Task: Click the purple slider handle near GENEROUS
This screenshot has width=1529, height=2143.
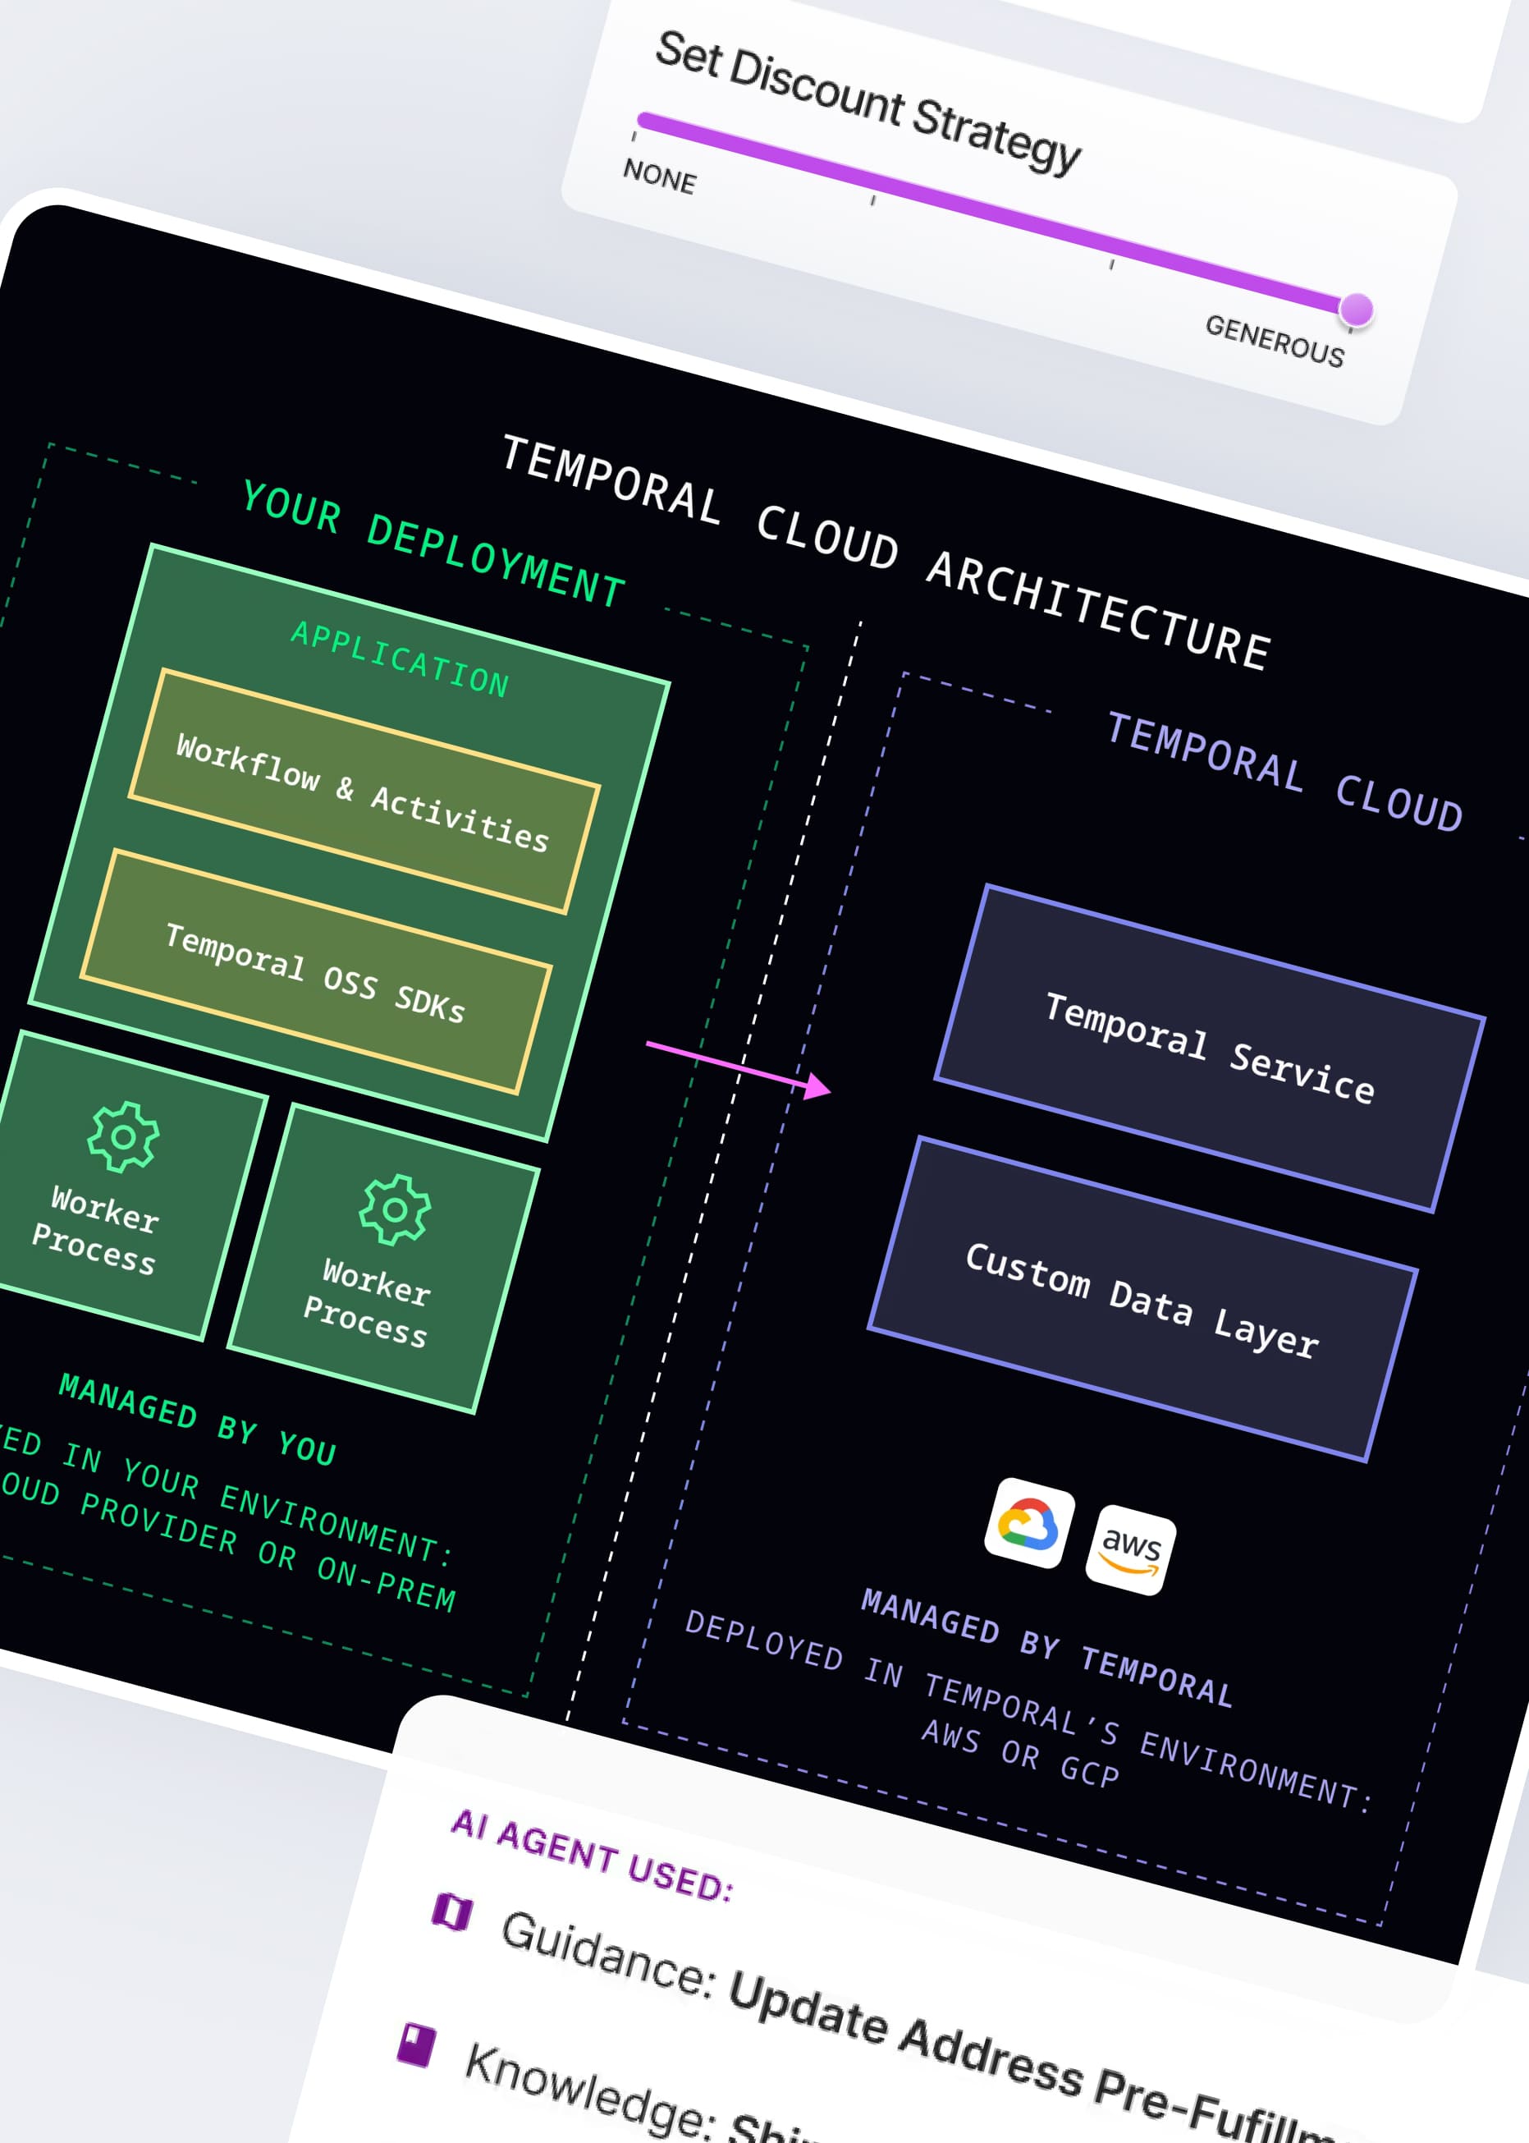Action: pos(1356,309)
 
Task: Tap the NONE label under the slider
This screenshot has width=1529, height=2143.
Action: pos(659,177)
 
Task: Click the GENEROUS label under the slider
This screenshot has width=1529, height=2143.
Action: pos(1275,340)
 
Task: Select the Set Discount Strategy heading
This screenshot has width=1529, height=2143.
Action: pos(868,102)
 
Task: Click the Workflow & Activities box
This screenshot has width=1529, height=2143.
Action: pos(364,792)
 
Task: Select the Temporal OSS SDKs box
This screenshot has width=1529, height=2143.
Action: pos(315,972)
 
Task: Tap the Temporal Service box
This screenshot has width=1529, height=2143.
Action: pos(1210,1048)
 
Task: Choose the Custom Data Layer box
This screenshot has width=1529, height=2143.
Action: pos(1142,1300)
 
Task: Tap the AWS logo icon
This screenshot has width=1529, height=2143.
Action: pos(1131,1549)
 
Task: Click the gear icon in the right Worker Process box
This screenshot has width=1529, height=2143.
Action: pos(396,1209)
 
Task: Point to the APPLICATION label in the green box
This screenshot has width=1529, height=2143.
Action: pos(401,659)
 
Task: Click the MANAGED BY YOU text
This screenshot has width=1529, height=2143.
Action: pos(198,1419)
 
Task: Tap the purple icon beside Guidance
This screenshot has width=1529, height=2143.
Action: pos(452,1911)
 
